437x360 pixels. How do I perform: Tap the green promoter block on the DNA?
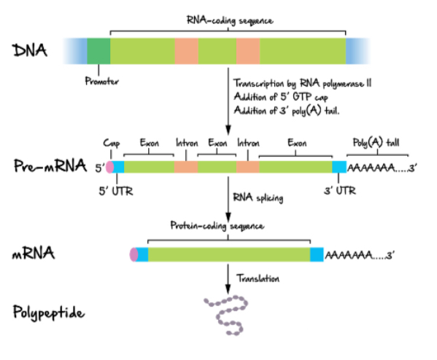[98, 50]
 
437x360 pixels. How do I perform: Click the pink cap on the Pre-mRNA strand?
[109, 167]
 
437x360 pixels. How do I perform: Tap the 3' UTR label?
[339, 192]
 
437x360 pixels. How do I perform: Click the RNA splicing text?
[258, 196]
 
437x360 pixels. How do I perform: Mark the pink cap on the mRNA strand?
[134, 255]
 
